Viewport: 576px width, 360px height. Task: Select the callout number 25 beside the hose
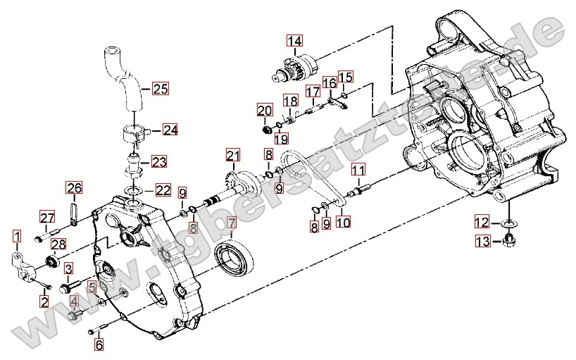click(161, 89)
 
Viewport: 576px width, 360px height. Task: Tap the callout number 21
click(233, 155)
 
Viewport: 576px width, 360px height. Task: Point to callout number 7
click(232, 224)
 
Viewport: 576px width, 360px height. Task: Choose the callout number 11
click(358, 170)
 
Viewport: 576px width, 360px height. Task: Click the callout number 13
click(482, 242)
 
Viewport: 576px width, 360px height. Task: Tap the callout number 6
click(99, 345)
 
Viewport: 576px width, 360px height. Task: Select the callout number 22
click(163, 190)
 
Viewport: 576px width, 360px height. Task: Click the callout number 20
click(265, 111)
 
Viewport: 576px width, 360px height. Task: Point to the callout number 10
click(343, 223)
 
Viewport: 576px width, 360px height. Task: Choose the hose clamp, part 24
click(134, 132)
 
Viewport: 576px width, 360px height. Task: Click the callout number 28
click(58, 244)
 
